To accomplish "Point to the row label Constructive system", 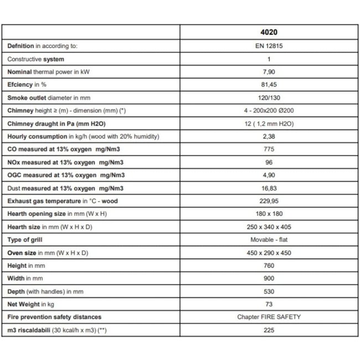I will tap(35, 59).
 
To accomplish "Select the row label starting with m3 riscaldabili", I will tap(50, 330).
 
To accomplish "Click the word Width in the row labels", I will tap(17, 278).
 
